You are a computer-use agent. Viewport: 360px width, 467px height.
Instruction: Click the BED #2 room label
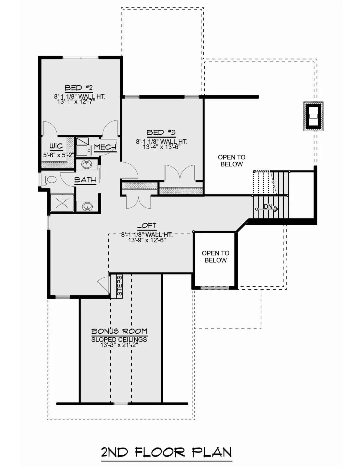click(79, 88)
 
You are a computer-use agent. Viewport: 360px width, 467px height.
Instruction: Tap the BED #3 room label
click(161, 132)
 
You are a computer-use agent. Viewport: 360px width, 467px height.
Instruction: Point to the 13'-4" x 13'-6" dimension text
click(161, 147)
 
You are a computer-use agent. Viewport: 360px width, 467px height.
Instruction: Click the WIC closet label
click(56, 146)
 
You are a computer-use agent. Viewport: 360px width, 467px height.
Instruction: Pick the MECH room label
click(105, 147)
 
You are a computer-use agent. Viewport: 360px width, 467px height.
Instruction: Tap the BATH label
click(85, 180)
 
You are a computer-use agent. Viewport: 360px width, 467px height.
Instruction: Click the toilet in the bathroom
click(49, 179)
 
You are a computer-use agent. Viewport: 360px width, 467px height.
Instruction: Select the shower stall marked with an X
click(62, 203)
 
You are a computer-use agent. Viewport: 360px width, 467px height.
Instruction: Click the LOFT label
click(147, 225)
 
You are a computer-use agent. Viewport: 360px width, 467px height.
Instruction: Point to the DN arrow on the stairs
click(267, 209)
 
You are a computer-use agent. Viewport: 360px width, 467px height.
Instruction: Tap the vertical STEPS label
click(119, 285)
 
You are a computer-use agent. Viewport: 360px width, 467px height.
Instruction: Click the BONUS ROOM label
click(119, 331)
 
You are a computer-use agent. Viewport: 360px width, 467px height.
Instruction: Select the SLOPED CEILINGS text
click(119, 340)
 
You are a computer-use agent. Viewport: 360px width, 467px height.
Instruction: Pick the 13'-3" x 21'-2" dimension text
click(119, 345)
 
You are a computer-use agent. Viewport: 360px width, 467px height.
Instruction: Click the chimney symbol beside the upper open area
click(313, 116)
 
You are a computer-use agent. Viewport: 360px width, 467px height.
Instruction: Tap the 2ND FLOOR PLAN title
click(166, 452)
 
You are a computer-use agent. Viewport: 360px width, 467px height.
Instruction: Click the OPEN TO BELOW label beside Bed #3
click(232, 161)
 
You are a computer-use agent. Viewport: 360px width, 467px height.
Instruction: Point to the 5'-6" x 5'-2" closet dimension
click(58, 155)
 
